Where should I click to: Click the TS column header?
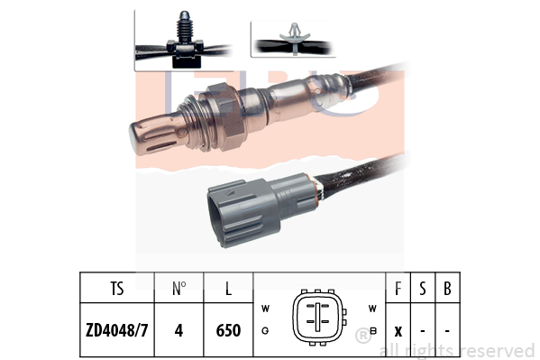117,289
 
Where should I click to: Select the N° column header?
178,289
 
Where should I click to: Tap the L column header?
228,289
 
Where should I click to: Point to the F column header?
398,289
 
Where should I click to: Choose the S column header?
423,289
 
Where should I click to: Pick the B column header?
447,289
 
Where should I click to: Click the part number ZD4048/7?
117,330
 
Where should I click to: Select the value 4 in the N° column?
178,330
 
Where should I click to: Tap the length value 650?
228,330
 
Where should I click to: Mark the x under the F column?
398,332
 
